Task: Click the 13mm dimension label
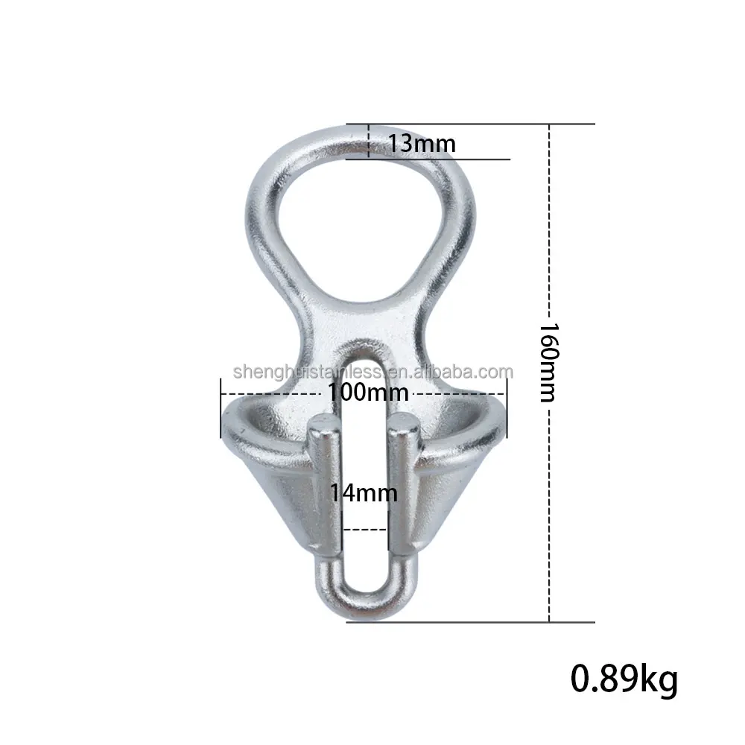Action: tap(421, 142)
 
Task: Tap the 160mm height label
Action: tap(549, 362)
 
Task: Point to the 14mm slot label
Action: tap(364, 492)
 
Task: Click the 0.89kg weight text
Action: tap(624, 679)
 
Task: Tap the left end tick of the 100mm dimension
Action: tap(221, 408)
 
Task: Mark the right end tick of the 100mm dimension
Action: tap(507, 408)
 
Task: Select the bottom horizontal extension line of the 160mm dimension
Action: tap(477, 622)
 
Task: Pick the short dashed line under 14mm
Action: tap(364, 530)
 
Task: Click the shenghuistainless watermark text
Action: tap(372, 372)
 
